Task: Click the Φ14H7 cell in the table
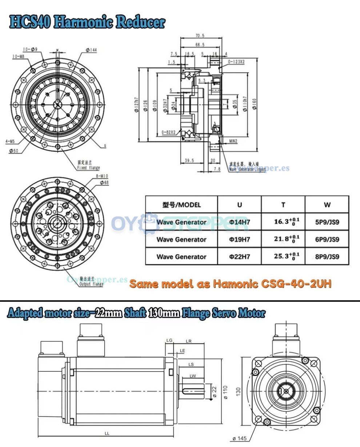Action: [x=239, y=222]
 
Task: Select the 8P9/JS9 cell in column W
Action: [x=327, y=257]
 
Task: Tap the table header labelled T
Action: [x=283, y=205]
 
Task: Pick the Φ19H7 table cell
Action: [x=239, y=240]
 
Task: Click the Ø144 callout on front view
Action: [x=91, y=50]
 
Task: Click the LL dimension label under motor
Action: [x=107, y=433]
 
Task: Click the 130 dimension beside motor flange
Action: [x=238, y=391]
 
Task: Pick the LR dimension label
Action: [x=188, y=341]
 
